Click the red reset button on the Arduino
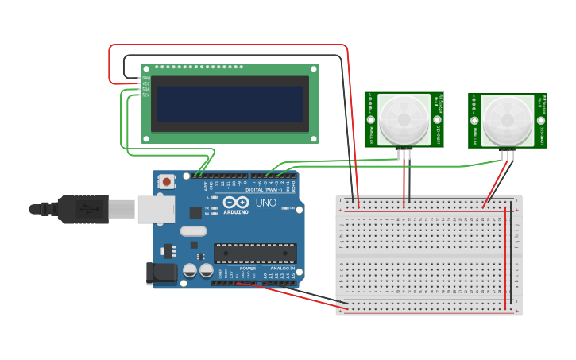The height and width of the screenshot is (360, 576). [167, 182]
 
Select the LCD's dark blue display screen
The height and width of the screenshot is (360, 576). [230, 103]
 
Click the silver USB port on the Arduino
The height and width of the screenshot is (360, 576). [156, 209]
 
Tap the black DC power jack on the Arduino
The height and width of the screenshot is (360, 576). [162, 273]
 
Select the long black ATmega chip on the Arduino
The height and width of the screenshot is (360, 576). [254, 253]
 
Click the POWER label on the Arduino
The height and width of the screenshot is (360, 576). [247, 269]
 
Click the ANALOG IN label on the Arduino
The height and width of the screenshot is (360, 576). [281, 269]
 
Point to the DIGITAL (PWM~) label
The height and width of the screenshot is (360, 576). [265, 189]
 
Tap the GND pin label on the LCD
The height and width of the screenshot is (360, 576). [146, 78]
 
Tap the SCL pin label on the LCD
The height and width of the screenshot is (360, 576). [146, 95]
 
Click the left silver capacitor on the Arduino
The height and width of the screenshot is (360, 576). [191, 270]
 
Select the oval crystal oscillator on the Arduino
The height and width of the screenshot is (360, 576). [193, 231]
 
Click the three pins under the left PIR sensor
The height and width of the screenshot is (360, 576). [406, 153]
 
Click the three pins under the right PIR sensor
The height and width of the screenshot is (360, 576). [508, 153]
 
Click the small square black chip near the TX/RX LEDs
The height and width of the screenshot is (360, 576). [195, 212]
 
